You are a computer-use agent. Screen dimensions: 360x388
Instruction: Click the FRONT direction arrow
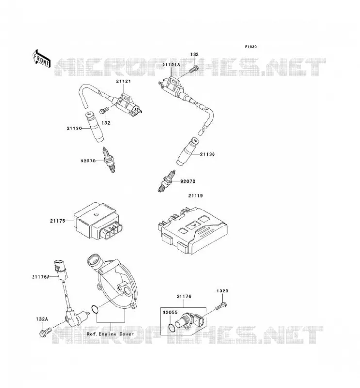[x=42, y=59]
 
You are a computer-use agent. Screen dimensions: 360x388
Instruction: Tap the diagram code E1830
[x=251, y=47]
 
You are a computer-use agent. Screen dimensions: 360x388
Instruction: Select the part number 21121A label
[x=171, y=65]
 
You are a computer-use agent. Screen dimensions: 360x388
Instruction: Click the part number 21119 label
[x=196, y=196]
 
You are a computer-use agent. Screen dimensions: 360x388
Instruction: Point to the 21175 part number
[x=58, y=221]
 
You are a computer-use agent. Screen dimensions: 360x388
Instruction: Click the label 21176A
[x=41, y=277]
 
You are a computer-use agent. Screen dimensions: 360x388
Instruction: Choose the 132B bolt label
[x=222, y=291]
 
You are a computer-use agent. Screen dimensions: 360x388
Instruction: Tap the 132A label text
[x=42, y=319]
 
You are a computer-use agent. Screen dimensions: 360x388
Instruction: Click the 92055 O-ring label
[x=170, y=312]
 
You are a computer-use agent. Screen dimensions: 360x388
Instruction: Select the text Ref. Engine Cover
[x=110, y=334]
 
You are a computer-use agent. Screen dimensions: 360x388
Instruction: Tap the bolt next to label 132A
[x=45, y=332]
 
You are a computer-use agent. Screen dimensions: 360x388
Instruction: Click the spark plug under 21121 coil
[x=109, y=160]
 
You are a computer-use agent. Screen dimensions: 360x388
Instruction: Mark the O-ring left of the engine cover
[x=95, y=310]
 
